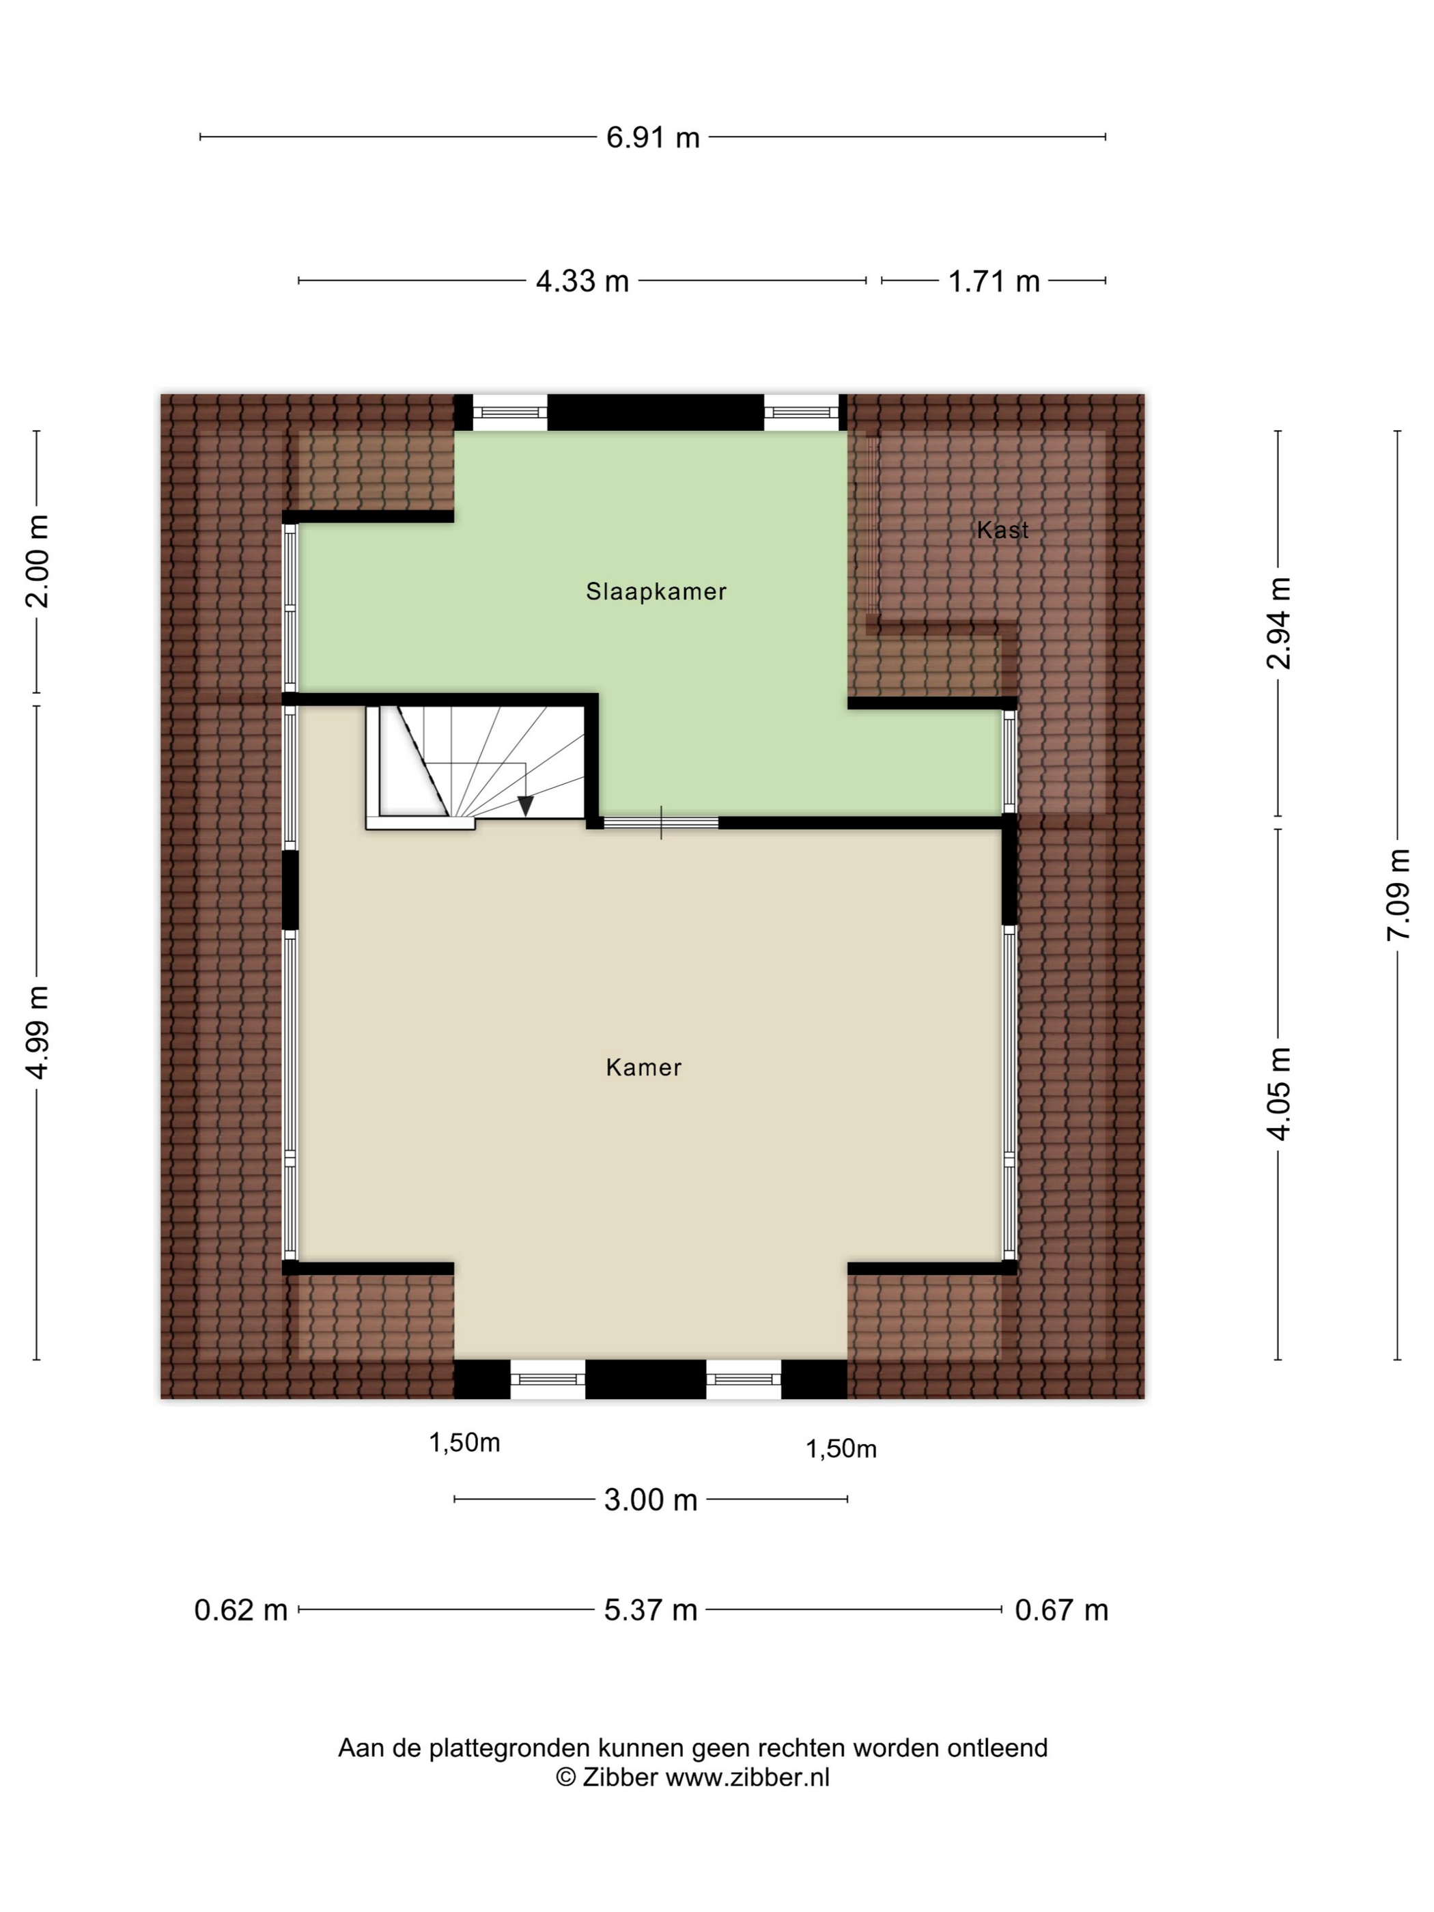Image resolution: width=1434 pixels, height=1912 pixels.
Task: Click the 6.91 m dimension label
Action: [x=653, y=137]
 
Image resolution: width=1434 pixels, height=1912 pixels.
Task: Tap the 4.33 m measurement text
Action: [x=582, y=281]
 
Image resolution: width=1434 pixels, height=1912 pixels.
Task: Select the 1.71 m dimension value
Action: [x=993, y=281]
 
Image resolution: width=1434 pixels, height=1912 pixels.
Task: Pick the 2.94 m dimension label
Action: [x=1278, y=623]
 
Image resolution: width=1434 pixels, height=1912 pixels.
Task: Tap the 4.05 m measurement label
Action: [x=1278, y=1093]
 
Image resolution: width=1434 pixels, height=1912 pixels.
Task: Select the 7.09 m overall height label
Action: [x=1398, y=895]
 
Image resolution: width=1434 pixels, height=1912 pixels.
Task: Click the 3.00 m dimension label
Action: [x=650, y=1500]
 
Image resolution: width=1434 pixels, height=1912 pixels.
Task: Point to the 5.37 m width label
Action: [x=650, y=1610]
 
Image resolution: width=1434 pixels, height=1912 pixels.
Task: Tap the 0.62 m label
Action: [x=240, y=1610]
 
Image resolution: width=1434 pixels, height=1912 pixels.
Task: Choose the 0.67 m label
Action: [x=1060, y=1610]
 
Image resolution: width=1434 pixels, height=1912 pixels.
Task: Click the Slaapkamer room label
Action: [x=656, y=591]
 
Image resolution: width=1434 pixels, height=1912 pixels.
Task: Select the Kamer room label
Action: [x=644, y=1067]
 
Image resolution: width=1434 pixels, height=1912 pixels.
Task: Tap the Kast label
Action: [x=1002, y=530]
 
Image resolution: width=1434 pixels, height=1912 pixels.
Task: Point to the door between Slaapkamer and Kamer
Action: [x=661, y=823]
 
